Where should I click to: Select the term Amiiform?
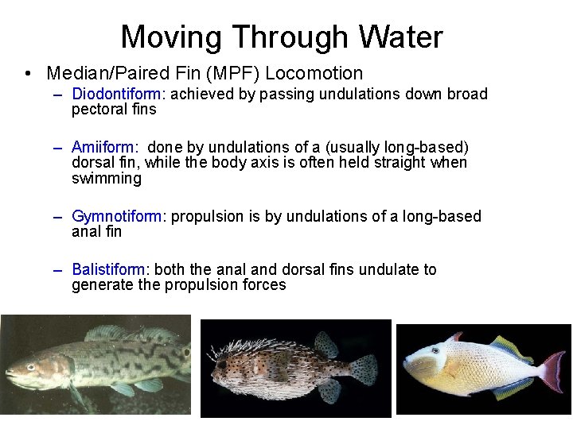coord(104,147)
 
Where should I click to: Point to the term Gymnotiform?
coord(119,217)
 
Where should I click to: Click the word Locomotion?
coord(314,74)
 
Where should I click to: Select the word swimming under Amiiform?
coord(107,179)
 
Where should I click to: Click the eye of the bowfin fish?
coord(30,367)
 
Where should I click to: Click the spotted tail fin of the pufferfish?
coord(364,370)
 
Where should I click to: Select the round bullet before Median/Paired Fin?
coord(28,75)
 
